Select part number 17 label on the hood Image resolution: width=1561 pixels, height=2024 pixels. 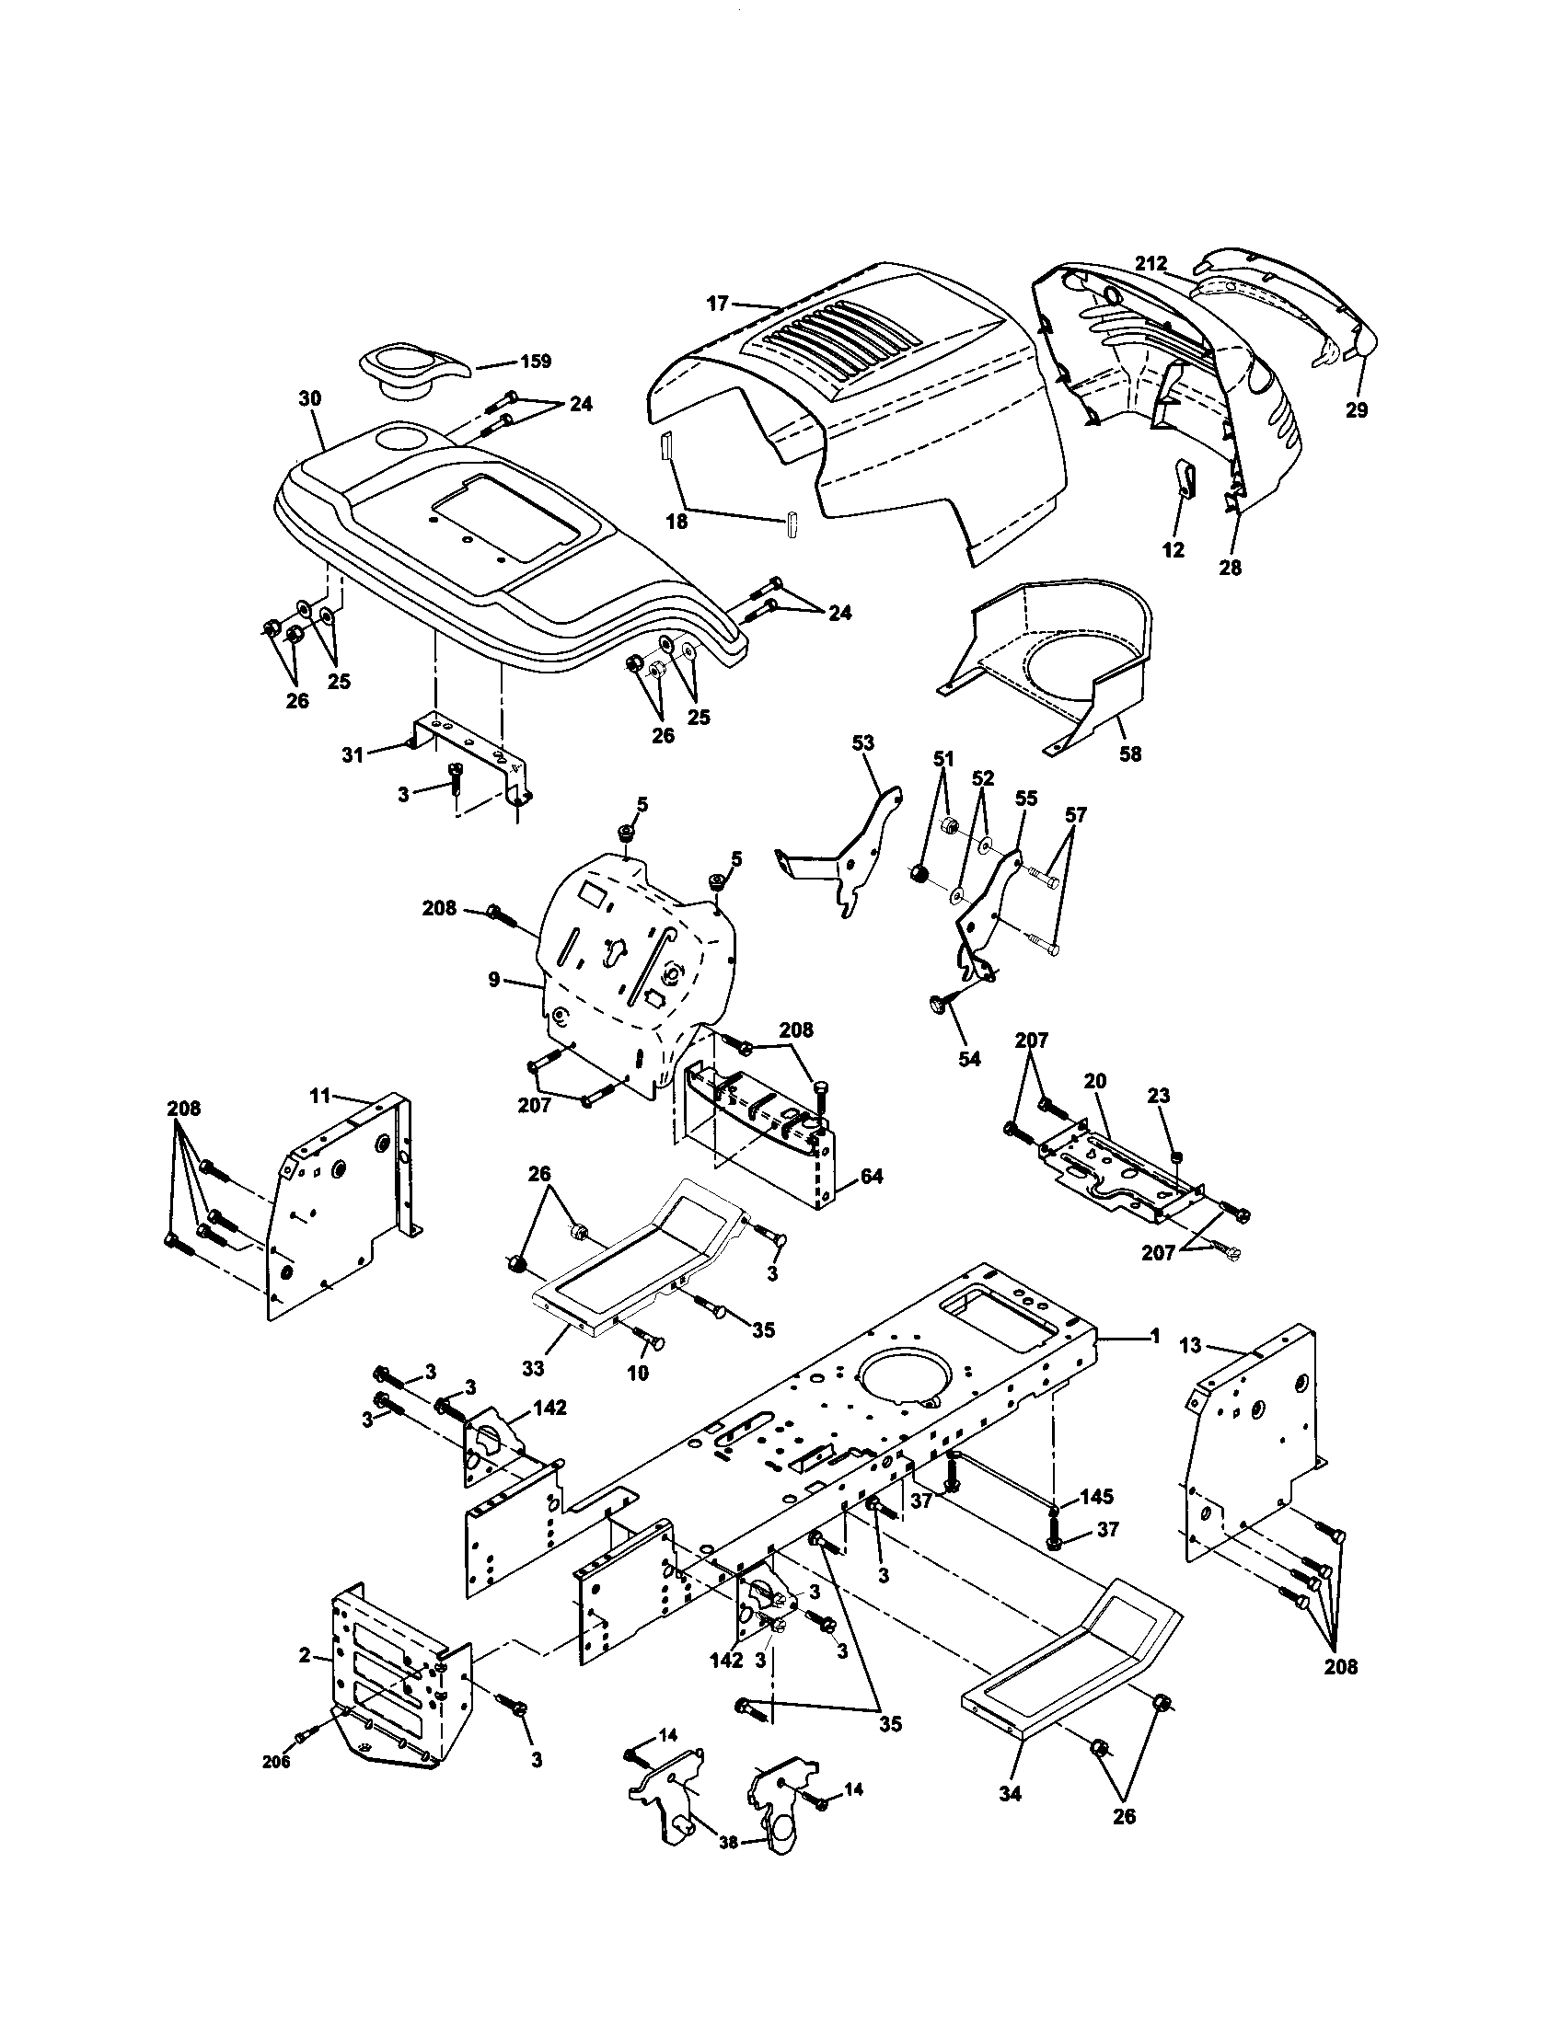(x=718, y=302)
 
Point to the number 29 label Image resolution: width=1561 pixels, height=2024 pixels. (x=1356, y=409)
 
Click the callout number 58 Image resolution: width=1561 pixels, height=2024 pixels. (x=1130, y=753)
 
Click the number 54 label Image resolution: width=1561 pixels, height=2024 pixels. (x=968, y=1058)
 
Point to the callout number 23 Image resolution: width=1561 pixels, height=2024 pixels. (x=1159, y=1096)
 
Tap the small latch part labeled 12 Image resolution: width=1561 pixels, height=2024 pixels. (x=1185, y=478)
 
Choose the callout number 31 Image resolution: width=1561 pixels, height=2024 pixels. (x=353, y=754)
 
